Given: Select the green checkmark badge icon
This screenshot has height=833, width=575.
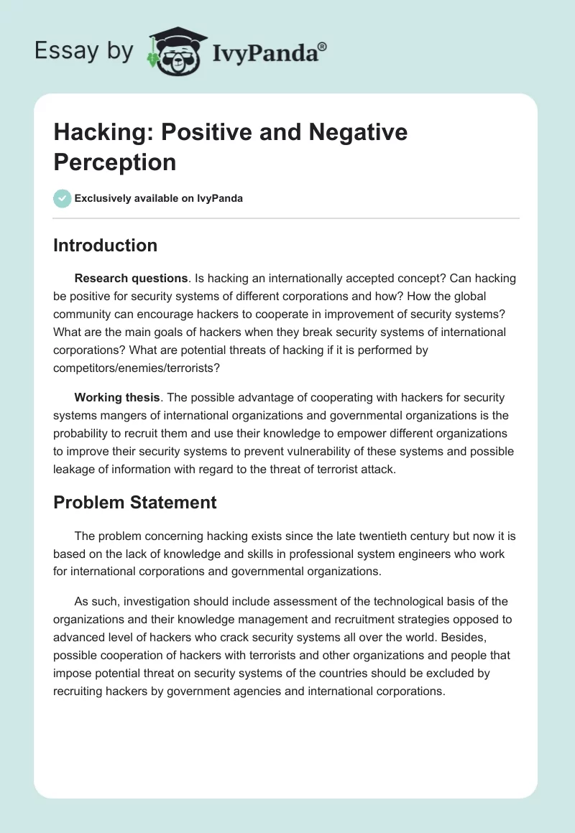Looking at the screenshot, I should (x=63, y=198).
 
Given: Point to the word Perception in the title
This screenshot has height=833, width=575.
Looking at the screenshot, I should (x=115, y=162).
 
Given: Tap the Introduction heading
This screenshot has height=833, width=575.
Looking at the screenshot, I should (x=105, y=245).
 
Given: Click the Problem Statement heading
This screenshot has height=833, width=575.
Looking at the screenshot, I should (x=135, y=502).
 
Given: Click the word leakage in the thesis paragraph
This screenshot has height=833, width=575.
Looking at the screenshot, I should (x=75, y=469).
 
